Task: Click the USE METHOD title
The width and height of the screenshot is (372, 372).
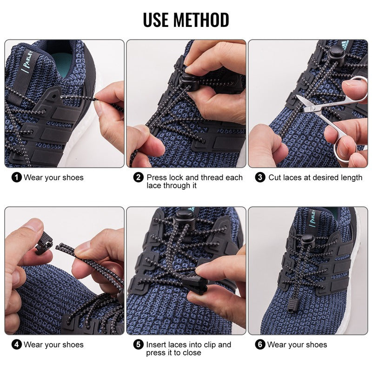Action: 186,20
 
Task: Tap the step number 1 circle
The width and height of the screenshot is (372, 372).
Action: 17,177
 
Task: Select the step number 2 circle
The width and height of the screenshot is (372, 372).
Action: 139,177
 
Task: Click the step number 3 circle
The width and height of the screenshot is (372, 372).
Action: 260,177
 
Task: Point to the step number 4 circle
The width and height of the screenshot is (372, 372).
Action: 17,345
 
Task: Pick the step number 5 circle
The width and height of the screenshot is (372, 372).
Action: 139,345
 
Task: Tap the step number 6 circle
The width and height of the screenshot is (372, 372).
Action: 260,345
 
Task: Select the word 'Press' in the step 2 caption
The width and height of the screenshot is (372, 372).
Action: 157,177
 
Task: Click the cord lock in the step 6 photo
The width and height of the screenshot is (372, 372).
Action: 306,240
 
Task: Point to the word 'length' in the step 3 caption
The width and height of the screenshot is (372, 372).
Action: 351,177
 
